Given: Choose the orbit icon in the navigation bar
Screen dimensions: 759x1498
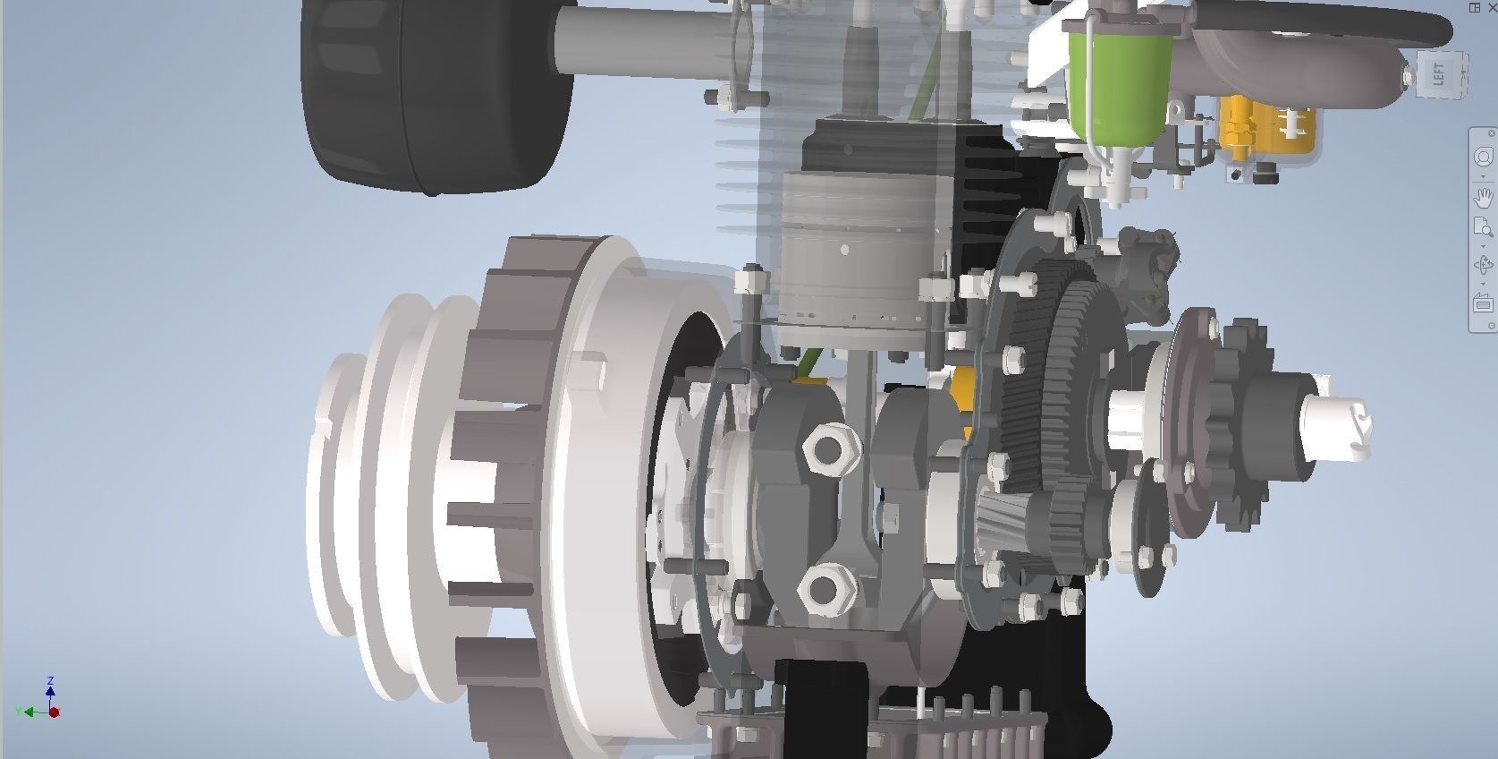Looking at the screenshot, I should pos(1483,265).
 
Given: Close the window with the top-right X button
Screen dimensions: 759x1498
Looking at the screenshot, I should pos(1492,7).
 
